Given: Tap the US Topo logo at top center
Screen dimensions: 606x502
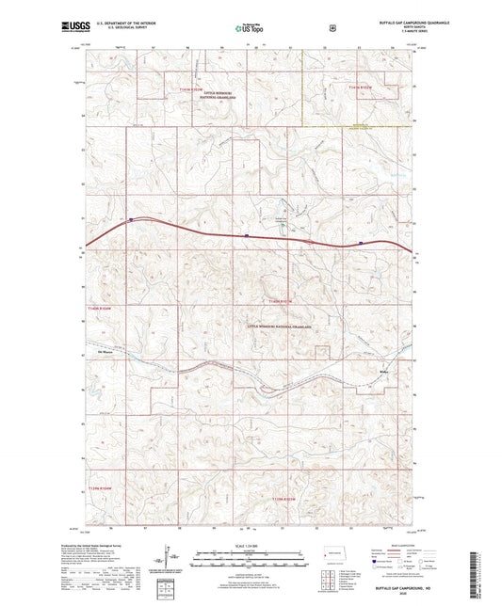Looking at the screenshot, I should click(x=248, y=28).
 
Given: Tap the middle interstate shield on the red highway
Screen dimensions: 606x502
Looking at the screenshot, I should click(x=247, y=235).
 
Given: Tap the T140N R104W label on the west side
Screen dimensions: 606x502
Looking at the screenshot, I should click(x=99, y=307).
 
